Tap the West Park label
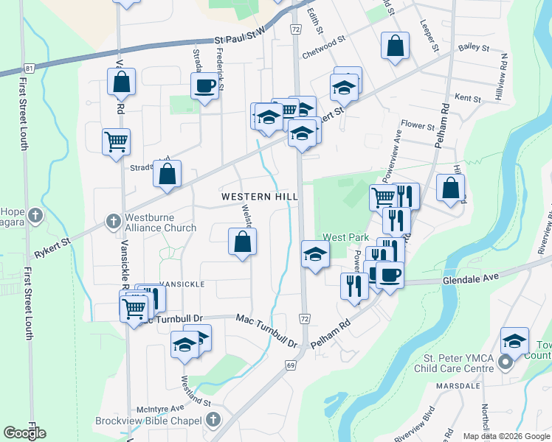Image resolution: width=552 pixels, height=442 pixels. point(345,238)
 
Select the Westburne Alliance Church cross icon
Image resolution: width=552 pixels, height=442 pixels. point(113,220)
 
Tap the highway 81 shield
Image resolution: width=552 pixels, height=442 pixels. point(30,69)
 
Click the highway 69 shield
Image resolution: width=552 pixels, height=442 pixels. point(291,365)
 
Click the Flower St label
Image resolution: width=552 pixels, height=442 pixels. point(418,126)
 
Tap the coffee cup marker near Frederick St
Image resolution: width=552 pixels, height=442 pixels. point(204,86)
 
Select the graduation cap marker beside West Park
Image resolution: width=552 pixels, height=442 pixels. point(315,255)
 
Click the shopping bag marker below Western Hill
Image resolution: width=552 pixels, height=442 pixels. point(242,242)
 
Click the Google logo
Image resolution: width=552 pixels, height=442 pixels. point(25,433)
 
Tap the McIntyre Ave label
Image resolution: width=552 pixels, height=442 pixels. point(160,409)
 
